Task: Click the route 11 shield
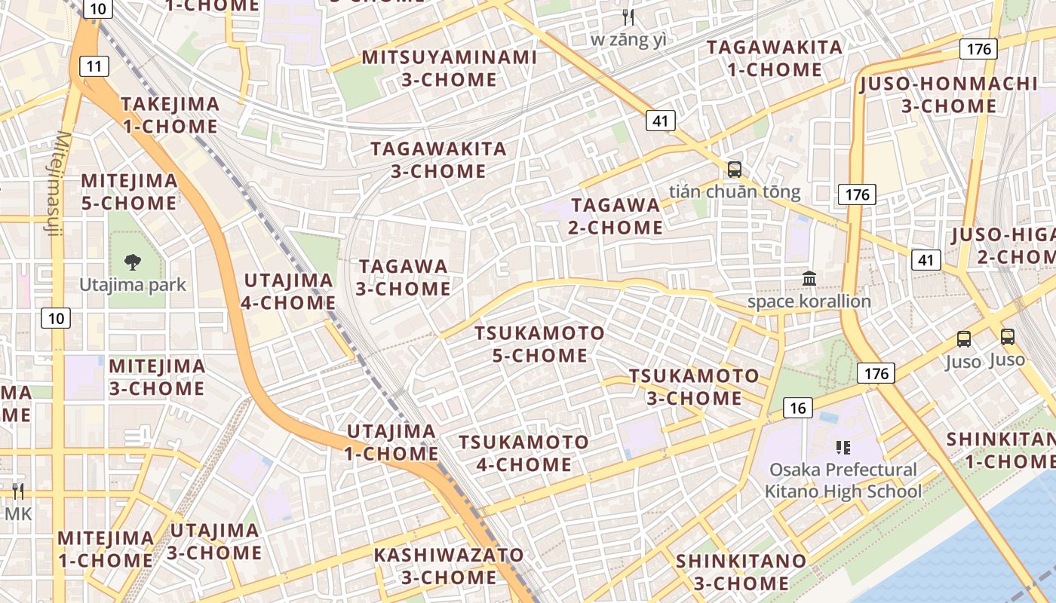coord(94,66)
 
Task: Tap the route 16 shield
coord(798,409)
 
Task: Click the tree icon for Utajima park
coord(134,262)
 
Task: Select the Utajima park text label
coord(134,285)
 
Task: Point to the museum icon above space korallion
coord(809,279)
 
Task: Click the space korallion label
coord(809,301)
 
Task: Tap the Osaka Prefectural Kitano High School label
coord(843,480)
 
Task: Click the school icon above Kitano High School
coord(843,448)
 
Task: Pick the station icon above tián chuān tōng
coord(734,170)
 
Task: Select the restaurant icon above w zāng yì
coord(628,17)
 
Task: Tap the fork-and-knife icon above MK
coord(18,491)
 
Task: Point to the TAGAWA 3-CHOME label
coord(403,277)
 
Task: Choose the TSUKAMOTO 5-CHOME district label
coord(539,344)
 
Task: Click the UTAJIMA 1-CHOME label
coord(391,442)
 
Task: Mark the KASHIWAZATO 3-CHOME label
coord(449,566)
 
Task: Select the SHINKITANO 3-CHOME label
coord(741,572)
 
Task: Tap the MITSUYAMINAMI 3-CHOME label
coord(450,68)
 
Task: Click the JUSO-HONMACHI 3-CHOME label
coord(949,94)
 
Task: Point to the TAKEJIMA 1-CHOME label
coord(170,115)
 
